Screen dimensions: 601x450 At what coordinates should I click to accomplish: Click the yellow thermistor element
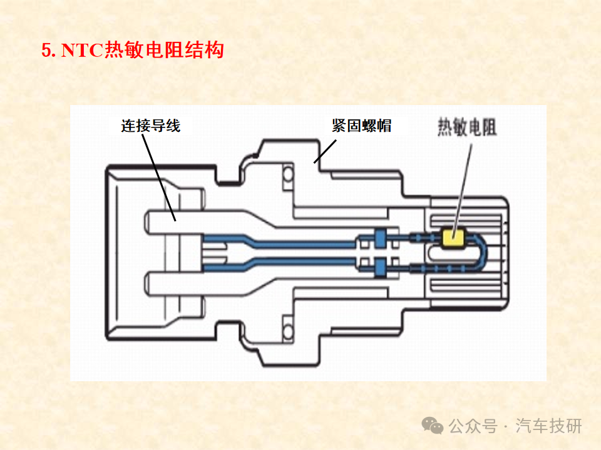(x=453, y=237)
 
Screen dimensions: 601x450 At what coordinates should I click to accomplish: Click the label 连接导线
(x=151, y=126)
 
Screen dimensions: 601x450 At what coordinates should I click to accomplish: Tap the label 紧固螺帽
(x=361, y=126)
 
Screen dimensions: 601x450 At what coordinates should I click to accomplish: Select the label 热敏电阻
(x=467, y=127)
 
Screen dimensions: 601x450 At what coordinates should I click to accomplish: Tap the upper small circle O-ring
(x=288, y=174)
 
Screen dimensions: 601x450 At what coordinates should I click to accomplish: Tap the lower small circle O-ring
(x=288, y=330)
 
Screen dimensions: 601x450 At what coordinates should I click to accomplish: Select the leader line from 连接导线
(x=159, y=177)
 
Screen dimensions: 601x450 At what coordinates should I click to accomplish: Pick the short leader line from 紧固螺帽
(x=325, y=151)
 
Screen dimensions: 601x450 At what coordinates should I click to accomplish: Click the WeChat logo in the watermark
(x=433, y=426)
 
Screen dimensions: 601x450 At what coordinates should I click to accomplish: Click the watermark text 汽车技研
(x=548, y=426)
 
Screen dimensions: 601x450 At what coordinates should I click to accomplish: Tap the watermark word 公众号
(x=473, y=426)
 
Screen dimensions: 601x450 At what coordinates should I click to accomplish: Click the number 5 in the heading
(x=46, y=51)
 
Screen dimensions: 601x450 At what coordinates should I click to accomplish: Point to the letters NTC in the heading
(x=82, y=51)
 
